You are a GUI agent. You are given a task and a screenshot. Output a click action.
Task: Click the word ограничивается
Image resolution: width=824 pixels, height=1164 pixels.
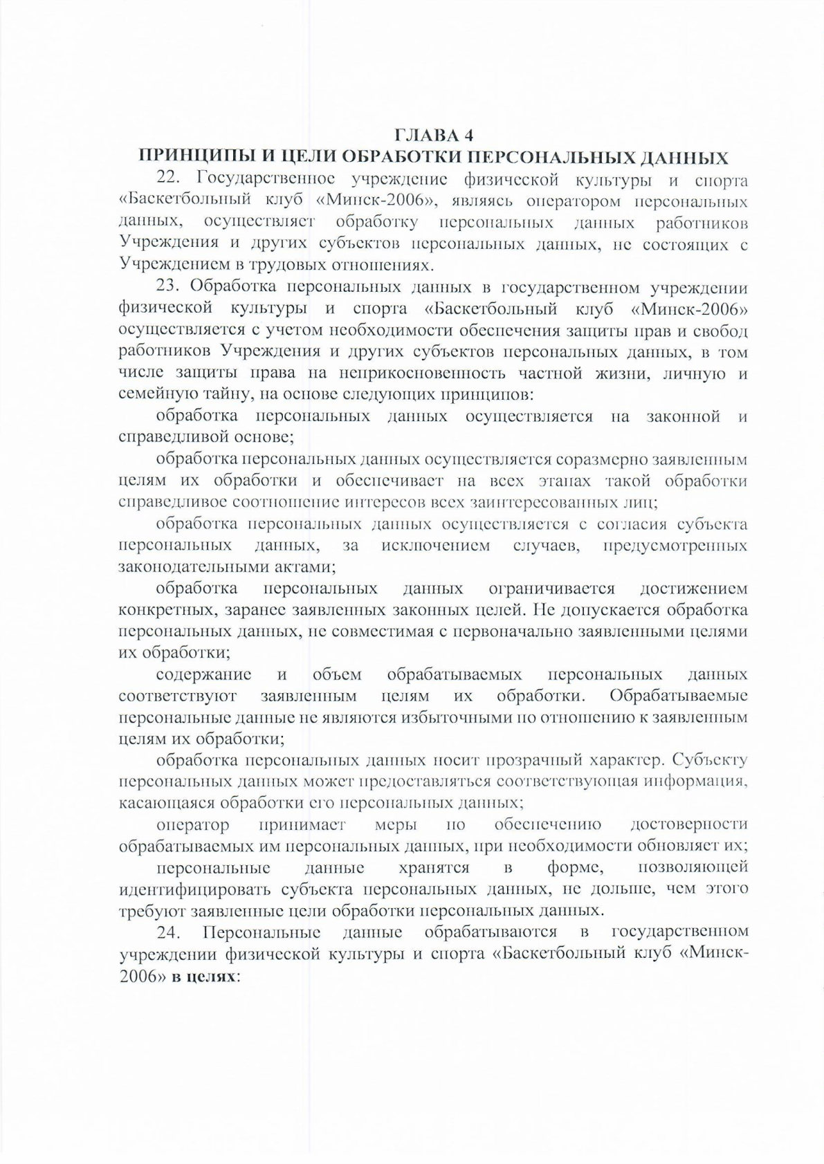click(551, 589)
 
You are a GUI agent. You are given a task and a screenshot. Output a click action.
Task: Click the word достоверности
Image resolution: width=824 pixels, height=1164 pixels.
click(689, 824)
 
